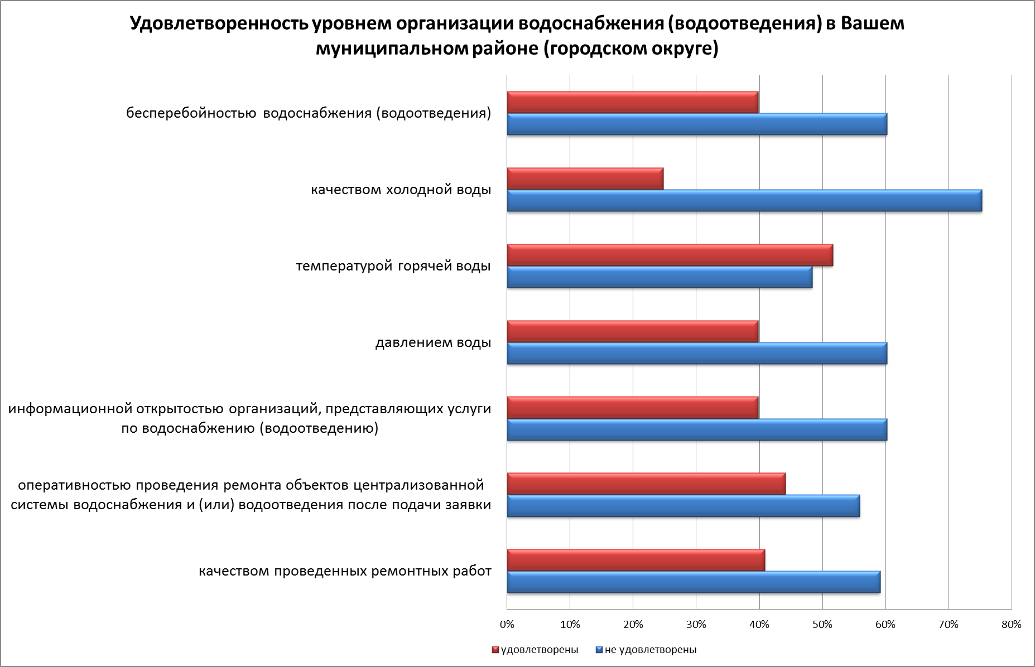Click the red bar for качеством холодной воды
click(x=585, y=178)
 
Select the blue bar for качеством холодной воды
click(x=744, y=201)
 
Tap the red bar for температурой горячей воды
click(x=670, y=255)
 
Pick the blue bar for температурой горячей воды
click(x=659, y=277)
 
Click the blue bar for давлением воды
click(x=696, y=354)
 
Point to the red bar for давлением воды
click(x=632, y=331)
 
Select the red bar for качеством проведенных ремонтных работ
click(x=636, y=560)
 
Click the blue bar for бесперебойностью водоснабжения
click(x=696, y=124)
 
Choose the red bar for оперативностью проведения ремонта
click(x=646, y=484)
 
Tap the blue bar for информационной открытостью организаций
click(x=696, y=430)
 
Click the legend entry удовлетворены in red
click(x=535, y=650)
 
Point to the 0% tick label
click(x=507, y=625)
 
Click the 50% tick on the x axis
click(x=822, y=625)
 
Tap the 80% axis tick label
click(x=1011, y=625)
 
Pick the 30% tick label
click(x=696, y=625)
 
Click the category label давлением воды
click(x=433, y=342)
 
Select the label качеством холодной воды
click(x=401, y=190)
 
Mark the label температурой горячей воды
click(x=393, y=266)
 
